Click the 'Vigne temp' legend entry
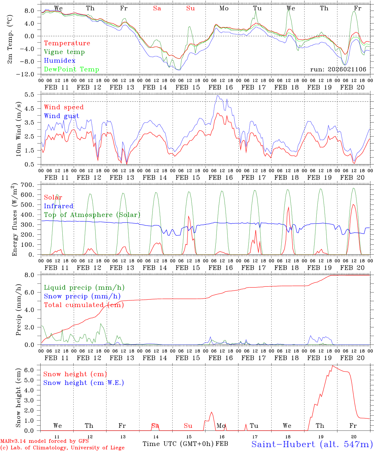[x=64, y=52]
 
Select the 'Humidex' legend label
[x=60, y=61]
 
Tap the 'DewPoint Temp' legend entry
[x=71, y=70]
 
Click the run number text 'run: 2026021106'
[x=338, y=70]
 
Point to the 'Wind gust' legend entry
[x=61, y=116]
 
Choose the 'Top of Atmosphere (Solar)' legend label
[x=92, y=215]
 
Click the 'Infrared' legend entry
[x=59, y=206]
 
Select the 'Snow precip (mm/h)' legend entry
[x=82, y=296]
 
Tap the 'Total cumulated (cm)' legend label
[x=84, y=305]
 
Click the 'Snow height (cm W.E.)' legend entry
[x=84, y=383]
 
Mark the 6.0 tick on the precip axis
[x=30, y=292]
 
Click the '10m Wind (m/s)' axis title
[x=18, y=129]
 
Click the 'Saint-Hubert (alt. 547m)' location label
[x=312, y=444]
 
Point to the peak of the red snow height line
[x=332, y=366]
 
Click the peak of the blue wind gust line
[x=218, y=96]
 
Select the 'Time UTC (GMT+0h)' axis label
[x=178, y=444]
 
